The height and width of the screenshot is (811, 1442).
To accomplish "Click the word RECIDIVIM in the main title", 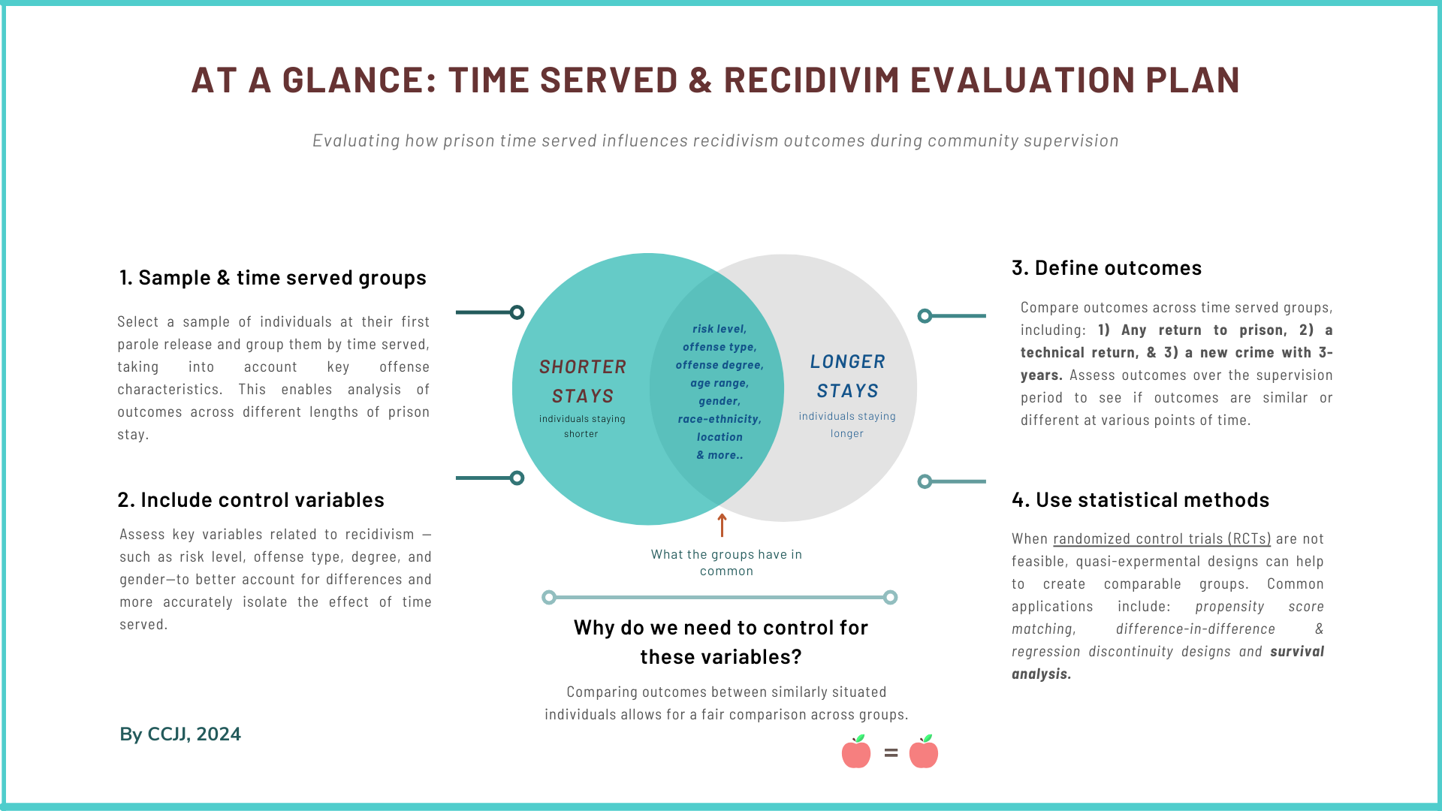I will (811, 80).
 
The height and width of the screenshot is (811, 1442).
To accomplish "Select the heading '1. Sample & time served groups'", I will (273, 278).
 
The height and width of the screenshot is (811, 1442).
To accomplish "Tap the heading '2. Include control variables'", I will (251, 500).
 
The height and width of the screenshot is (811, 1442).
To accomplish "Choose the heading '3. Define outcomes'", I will (1106, 268).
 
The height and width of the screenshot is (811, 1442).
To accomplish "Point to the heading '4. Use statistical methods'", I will (1140, 500).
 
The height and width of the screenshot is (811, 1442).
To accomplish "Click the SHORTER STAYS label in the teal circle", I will (583, 381).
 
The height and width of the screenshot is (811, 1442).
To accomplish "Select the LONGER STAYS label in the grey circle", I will (847, 376).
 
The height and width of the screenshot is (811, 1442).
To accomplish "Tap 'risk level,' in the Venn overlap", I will (719, 329).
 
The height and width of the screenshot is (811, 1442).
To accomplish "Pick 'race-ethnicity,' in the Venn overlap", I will (719, 419).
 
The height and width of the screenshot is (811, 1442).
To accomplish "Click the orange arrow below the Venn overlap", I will (723, 525).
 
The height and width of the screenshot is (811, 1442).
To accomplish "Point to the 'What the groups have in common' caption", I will (726, 562).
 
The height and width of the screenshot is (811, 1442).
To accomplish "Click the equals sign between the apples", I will (891, 752).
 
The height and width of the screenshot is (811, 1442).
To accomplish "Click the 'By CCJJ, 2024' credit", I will (180, 734).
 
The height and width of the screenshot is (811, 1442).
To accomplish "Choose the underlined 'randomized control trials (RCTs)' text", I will (1162, 539).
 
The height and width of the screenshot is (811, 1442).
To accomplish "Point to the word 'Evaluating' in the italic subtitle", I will (356, 141).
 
